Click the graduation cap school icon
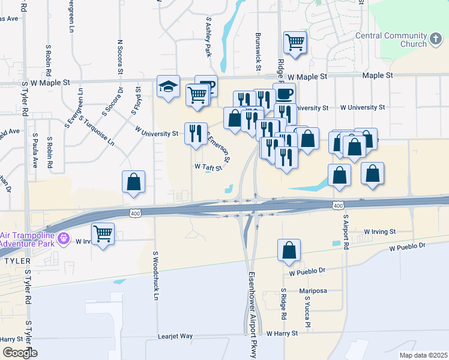[x=168, y=88]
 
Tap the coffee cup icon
[x=284, y=94]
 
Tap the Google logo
[x=20, y=353]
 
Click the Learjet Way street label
[x=175, y=337]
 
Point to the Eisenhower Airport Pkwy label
[x=252, y=314]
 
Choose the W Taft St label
[x=208, y=167]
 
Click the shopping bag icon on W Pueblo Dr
[x=289, y=251]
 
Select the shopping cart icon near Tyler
[x=103, y=235]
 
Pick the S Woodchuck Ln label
[x=155, y=284]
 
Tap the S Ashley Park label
[x=209, y=37]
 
